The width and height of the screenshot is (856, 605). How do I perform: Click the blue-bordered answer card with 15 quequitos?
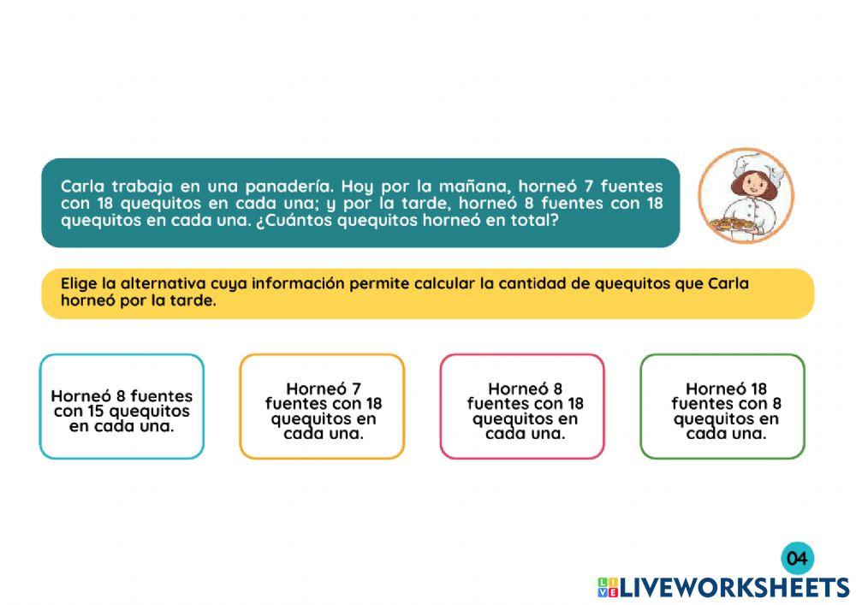pos(122,406)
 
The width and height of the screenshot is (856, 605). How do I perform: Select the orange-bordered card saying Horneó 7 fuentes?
pos(322,406)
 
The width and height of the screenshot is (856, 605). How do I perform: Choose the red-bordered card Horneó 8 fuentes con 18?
pos(522,406)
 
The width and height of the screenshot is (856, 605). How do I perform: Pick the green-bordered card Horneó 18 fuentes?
pos(722,406)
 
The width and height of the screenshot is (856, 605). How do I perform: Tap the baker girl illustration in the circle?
pos(745,196)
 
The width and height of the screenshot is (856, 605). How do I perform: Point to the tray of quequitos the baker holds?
pos(731,225)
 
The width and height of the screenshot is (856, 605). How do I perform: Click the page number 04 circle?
pos(797,559)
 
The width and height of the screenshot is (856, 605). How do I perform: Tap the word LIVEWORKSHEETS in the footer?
pos(734,587)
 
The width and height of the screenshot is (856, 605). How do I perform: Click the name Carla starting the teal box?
pos(82,186)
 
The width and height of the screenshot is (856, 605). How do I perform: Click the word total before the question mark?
pos(534,220)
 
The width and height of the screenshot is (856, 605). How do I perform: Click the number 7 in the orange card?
pos(355,388)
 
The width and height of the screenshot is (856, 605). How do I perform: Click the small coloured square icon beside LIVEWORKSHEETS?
pos(608,587)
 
